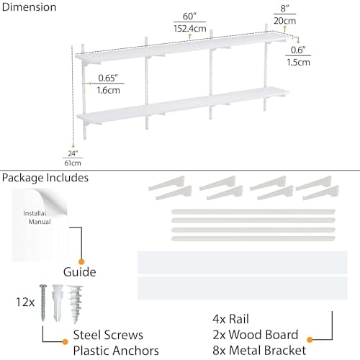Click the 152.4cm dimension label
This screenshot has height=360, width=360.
pyautogui.click(x=190, y=29)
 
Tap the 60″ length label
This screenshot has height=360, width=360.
pyautogui.click(x=189, y=17)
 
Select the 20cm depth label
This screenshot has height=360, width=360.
pyautogui.click(x=284, y=21)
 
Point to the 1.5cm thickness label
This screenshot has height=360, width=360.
pyautogui.click(x=298, y=63)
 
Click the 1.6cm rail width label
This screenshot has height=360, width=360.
pyautogui.click(x=108, y=90)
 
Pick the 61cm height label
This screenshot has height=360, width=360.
pyautogui.click(x=73, y=163)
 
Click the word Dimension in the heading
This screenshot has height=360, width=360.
pyautogui.click(x=29, y=7)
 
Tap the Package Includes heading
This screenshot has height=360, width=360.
pyautogui.click(x=45, y=178)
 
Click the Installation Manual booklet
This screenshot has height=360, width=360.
pyautogui.click(x=40, y=225)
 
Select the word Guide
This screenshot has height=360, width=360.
pyautogui.click(x=80, y=272)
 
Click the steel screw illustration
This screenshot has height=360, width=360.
pyautogui.click(x=43, y=303)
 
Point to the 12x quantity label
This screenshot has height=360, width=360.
pyautogui.click(x=25, y=302)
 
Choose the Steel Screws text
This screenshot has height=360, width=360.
pyautogui.click(x=108, y=335)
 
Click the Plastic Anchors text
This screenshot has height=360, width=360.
pyautogui.click(x=116, y=351)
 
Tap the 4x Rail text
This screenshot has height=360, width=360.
pyautogui.click(x=230, y=319)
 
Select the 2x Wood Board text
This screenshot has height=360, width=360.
pyautogui.click(x=256, y=335)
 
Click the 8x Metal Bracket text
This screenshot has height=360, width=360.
pyautogui.click(x=259, y=351)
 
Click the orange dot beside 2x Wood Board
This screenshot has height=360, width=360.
pyautogui.click(x=310, y=340)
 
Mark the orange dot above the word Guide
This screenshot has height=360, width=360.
pyautogui.click(x=81, y=261)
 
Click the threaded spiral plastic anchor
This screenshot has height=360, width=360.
pyautogui.click(x=76, y=305)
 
